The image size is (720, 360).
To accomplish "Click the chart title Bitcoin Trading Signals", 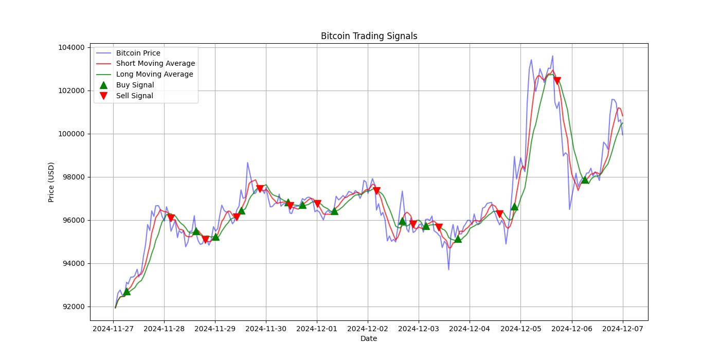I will [369, 36].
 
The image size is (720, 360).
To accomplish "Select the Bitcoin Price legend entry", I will [138, 53].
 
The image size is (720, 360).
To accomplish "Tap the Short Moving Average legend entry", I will [155, 64].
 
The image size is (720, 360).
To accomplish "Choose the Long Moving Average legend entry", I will [154, 74].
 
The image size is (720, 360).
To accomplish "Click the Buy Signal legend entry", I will [135, 85].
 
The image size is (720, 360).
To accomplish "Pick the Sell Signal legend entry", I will [134, 96].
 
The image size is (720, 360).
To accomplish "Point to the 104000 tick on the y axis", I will [71, 47].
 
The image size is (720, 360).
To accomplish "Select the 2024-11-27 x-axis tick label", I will [113, 329].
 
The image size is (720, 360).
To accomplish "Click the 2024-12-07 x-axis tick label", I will [623, 329].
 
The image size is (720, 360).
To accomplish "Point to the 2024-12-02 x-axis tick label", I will [368, 329].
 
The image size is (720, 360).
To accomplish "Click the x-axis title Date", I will [369, 338].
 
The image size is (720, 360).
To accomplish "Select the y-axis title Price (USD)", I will [51, 182].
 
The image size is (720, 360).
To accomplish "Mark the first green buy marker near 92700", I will [127, 291].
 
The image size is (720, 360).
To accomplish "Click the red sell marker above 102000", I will [557, 81].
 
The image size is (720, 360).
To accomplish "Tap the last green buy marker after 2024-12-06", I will [585, 179].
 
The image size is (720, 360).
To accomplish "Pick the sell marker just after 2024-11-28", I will [171, 218].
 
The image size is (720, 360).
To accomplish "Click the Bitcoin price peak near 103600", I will [553, 56].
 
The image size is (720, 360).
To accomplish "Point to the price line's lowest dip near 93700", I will [448, 269].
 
